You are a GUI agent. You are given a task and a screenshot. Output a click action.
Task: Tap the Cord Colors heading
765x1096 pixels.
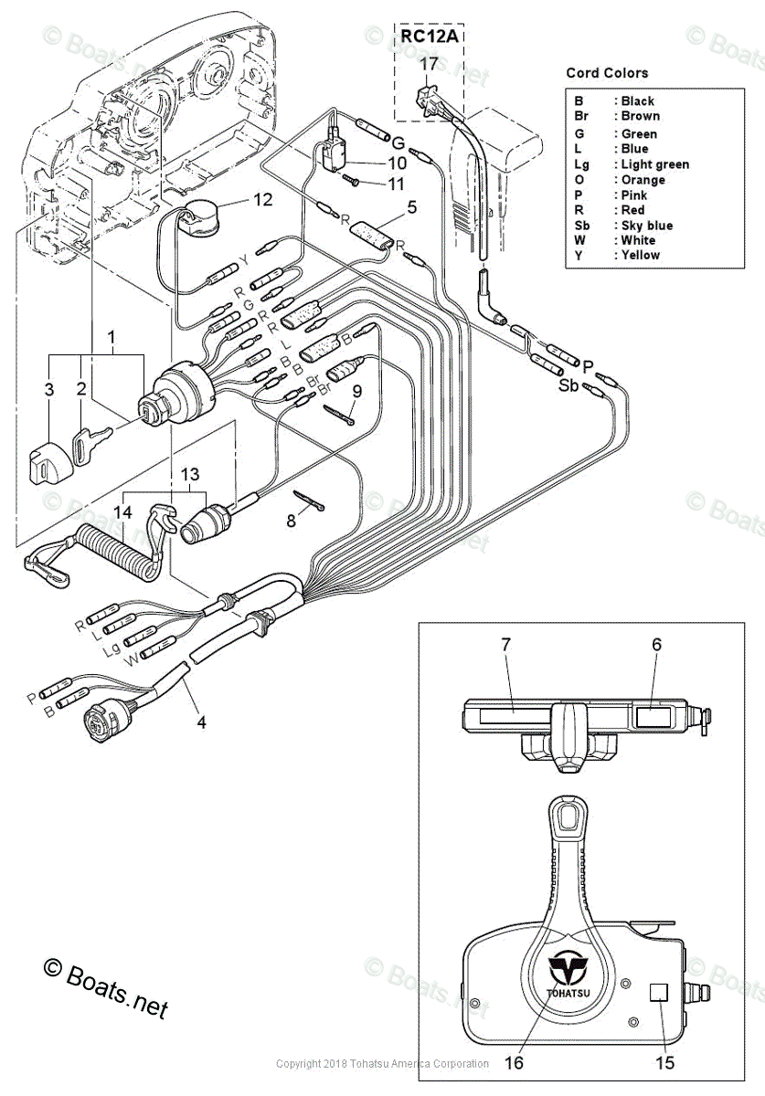click(607, 73)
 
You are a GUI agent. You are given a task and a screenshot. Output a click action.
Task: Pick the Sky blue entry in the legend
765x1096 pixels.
click(646, 226)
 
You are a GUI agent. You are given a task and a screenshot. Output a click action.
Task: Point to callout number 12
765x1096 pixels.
click(262, 200)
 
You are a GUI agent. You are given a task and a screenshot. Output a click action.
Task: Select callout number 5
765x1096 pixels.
click(412, 207)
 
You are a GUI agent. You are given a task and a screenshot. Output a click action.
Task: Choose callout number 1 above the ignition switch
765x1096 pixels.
click(112, 338)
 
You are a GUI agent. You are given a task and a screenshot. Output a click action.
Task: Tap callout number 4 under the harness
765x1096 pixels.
click(201, 722)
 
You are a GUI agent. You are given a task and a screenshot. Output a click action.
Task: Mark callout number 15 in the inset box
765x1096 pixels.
click(664, 1062)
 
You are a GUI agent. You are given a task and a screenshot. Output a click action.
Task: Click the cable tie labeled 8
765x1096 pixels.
click(307, 501)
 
